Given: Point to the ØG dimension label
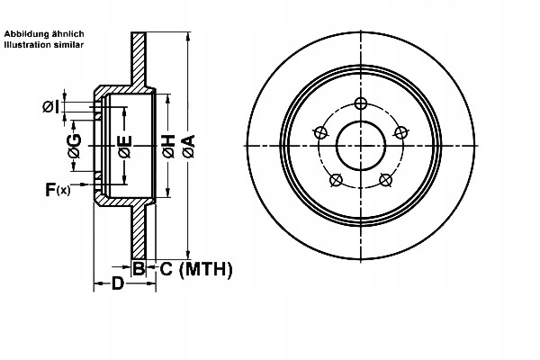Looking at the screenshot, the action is tap(75, 145).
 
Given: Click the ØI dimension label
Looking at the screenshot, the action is tap(52, 108).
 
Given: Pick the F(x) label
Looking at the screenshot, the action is tap(58, 189).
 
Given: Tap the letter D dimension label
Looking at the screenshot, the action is tap(117, 285).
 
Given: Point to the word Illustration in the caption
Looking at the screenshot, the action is tap(30, 43).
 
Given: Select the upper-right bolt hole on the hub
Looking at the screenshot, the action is tap(400, 132).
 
